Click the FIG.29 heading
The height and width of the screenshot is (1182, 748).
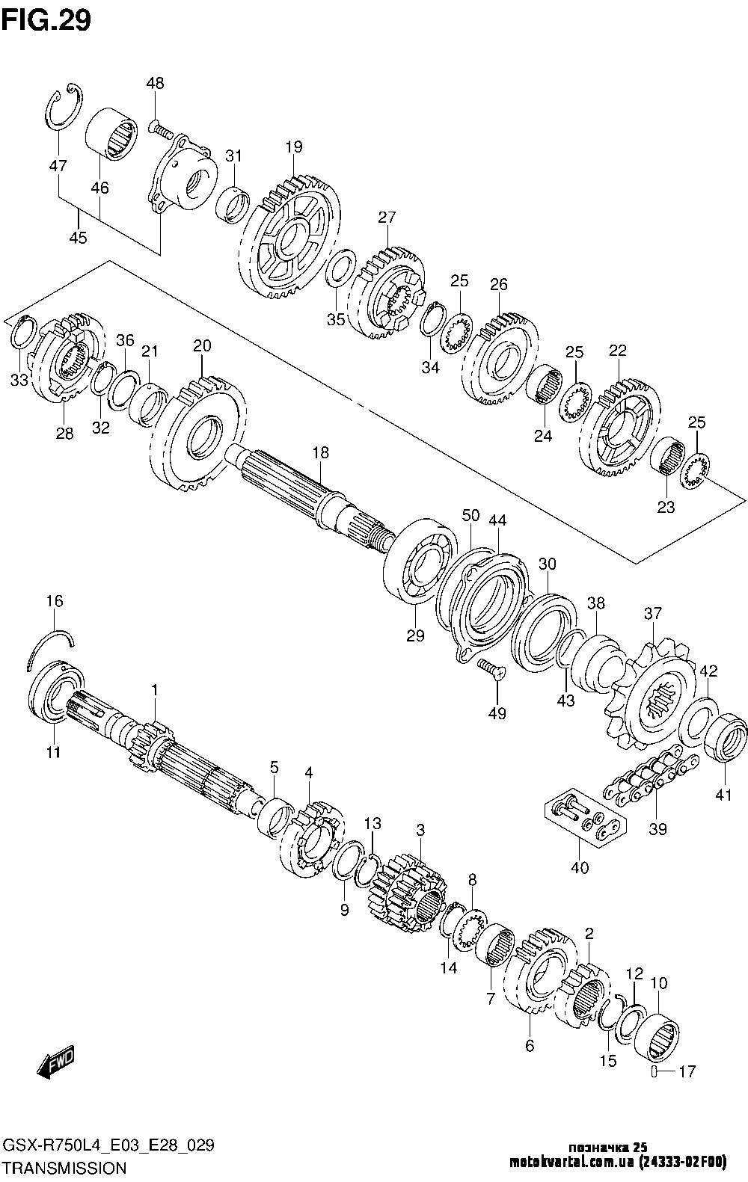46,21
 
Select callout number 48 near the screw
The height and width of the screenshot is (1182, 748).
156,83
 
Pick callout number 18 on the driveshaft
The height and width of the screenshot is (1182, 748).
320,452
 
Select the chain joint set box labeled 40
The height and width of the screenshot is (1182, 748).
584,825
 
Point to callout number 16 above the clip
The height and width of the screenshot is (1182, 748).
55,601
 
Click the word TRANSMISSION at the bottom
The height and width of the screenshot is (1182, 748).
66,1167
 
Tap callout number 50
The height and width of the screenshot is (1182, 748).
470,516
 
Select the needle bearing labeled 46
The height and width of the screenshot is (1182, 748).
111,134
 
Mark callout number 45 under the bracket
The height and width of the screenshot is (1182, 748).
78,238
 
